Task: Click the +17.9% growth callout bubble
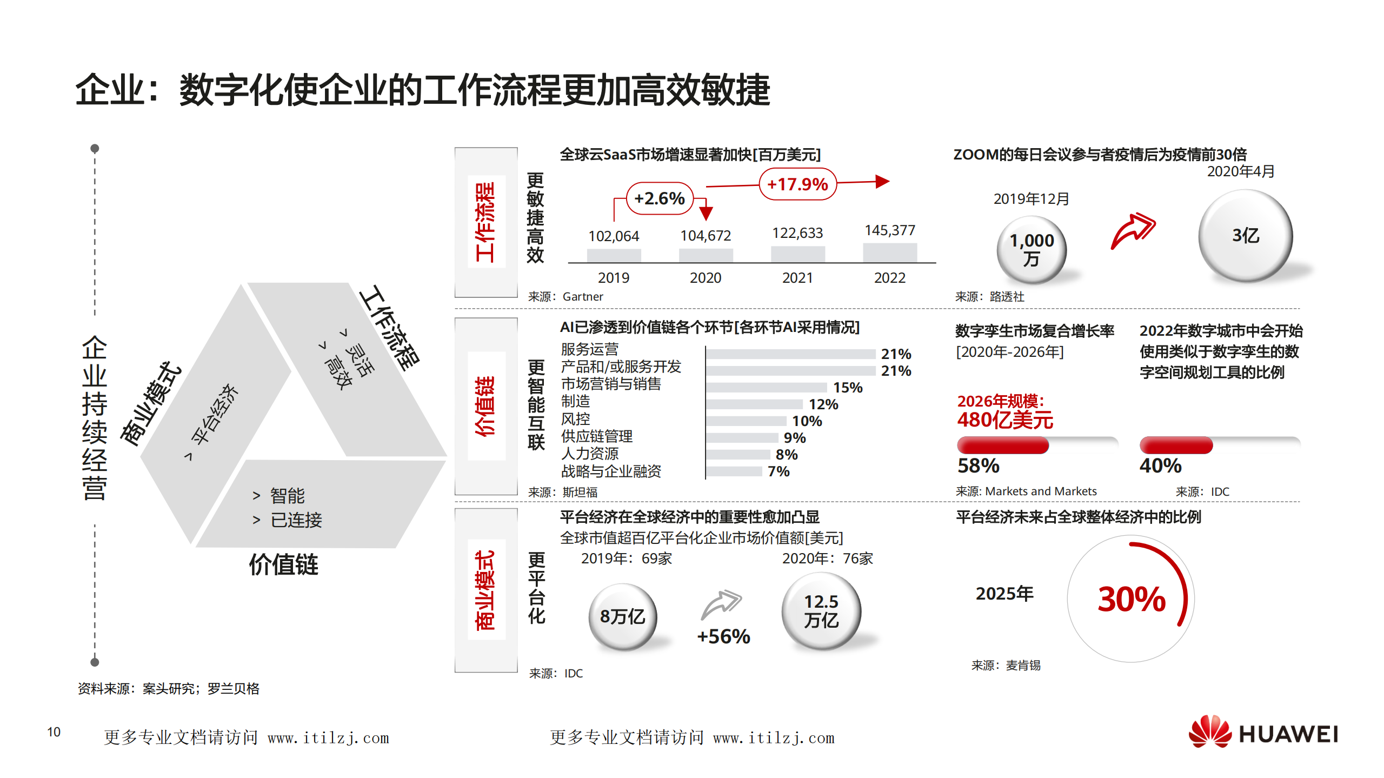[797, 184]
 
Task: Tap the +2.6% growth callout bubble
[659, 198]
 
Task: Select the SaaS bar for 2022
[889, 252]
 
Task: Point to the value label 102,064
[614, 236]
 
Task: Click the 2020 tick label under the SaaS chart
[705, 278]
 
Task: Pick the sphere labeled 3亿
[1245, 236]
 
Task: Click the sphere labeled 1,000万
[1032, 250]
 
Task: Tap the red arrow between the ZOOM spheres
[1133, 231]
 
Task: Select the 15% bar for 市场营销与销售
[766, 388]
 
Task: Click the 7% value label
[778, 471]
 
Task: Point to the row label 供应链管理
[596, 436]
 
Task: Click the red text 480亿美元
[1005, 420]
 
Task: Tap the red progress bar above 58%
[1003, 445]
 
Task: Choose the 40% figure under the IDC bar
[1160, 466]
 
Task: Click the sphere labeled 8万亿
[622, 616]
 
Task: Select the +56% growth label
[723, 636]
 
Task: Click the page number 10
[54, 732]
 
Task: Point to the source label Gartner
[582, 297]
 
